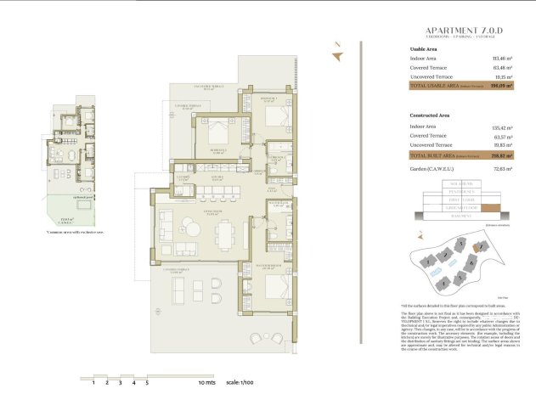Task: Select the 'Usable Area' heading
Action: [x=423, y=49]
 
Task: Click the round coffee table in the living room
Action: [x=187, y=224]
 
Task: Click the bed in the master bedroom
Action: [x=272, y=290]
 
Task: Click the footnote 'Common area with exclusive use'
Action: [x=76, y=231]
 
